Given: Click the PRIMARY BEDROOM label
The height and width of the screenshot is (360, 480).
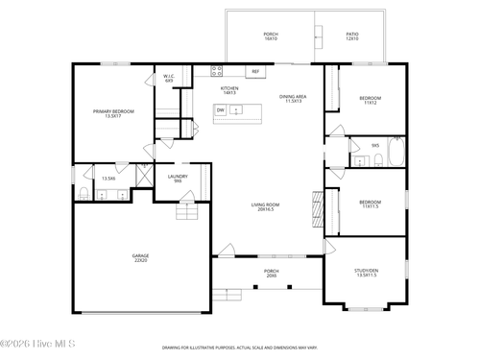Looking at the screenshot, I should coord(113,114).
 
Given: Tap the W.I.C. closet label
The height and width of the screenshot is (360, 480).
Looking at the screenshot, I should coord(168,78).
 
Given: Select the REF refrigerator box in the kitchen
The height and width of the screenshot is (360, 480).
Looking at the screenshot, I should coord(255,71).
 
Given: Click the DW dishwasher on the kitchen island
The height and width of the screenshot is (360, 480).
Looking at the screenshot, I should coord(220,110).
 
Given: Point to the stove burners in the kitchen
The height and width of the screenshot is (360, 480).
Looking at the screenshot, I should coord(216,70).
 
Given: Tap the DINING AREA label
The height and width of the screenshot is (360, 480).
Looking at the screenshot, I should coord(293,99).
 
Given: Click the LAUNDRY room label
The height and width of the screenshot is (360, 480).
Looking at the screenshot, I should coord(177,179).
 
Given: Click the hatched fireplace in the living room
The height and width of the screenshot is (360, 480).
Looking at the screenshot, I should coord(316,206).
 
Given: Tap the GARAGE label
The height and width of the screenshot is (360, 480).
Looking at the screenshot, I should coord(140,258).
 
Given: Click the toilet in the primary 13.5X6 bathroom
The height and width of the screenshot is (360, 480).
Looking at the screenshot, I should coord(84,194).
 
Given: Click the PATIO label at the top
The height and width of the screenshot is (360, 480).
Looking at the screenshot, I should coord(352,36).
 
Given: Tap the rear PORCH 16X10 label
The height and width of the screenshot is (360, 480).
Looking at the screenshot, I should coord(271,36).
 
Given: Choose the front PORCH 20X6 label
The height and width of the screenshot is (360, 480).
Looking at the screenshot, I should coord(271,274).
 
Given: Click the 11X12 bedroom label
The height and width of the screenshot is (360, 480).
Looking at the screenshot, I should coord(370,100).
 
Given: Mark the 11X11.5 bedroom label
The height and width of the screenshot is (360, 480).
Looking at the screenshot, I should coord(370,204).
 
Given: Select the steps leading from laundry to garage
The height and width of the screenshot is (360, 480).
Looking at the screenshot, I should coord(185,212).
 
